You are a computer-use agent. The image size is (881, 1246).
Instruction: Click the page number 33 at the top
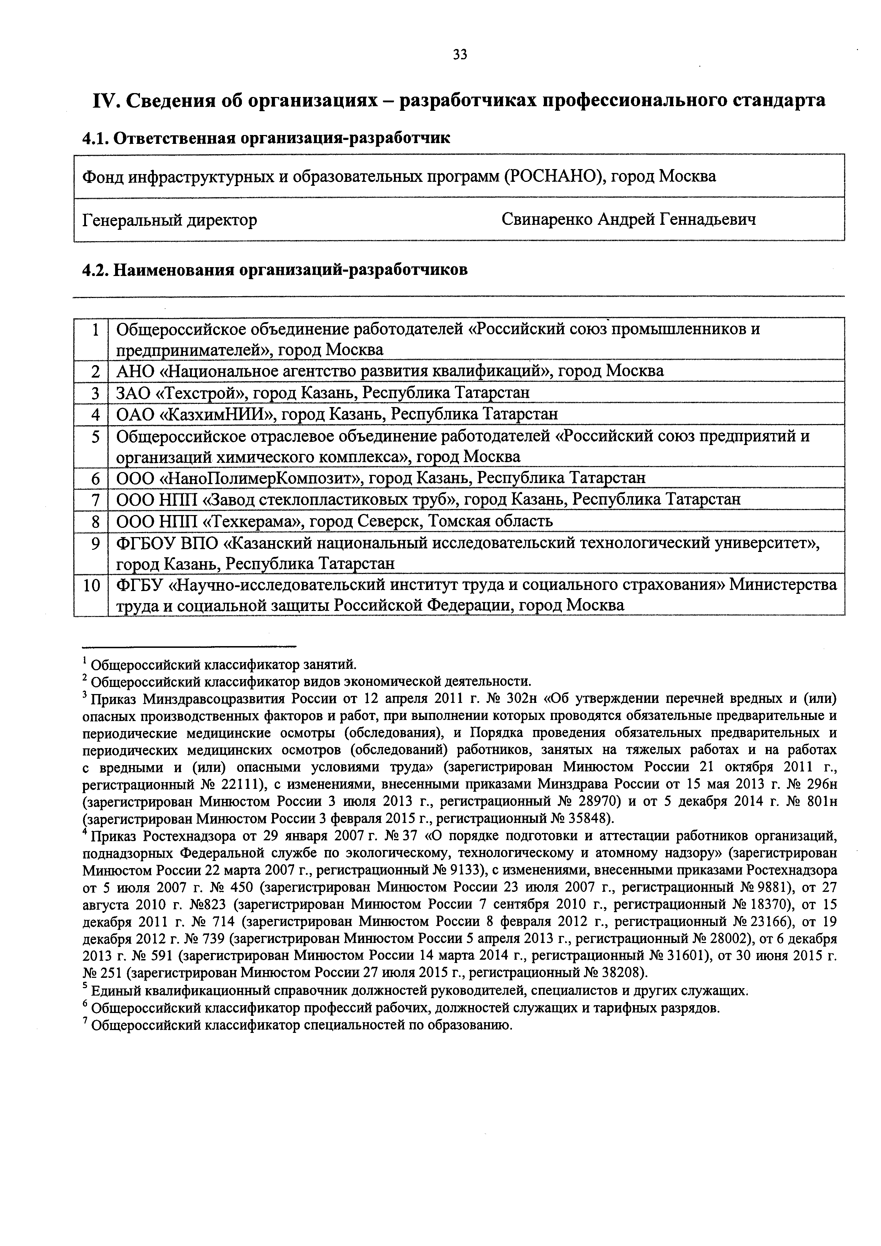[x=459, y=55]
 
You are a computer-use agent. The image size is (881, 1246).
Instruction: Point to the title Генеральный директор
[x=169, y=220]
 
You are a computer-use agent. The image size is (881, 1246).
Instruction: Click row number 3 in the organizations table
[x=96, y=393]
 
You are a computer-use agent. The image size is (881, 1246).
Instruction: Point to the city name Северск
[x=389, y=521]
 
